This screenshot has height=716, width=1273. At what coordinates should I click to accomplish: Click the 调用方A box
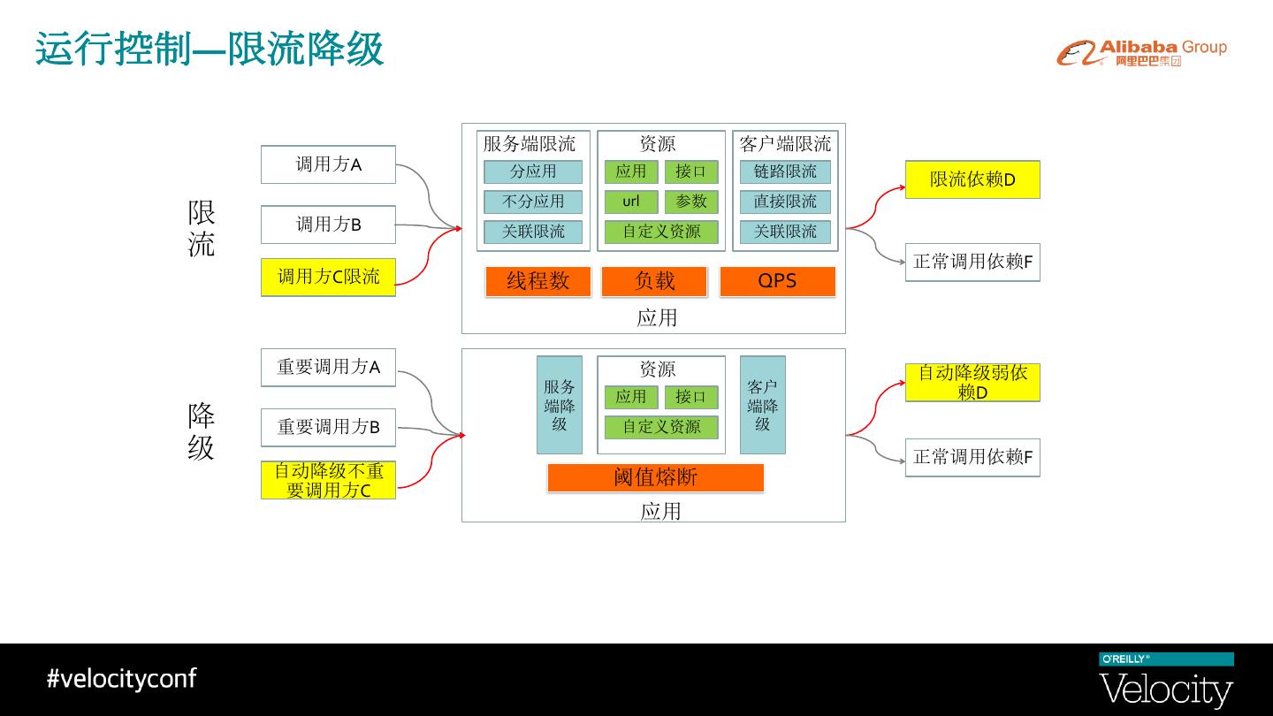point(328,164)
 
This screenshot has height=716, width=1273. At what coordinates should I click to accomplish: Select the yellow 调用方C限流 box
point(328,277)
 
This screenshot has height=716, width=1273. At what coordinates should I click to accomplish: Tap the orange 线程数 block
point(537,281)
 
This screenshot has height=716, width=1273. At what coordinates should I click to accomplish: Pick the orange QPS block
point(777,281)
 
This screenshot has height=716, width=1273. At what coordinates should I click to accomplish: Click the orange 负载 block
point(654,281)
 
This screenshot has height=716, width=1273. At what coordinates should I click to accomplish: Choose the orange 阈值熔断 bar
point(655,477)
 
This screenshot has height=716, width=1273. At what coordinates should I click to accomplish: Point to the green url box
point(630,202)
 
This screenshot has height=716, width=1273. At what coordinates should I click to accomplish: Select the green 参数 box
point(691,202)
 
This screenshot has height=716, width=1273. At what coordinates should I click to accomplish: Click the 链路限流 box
point(785,171)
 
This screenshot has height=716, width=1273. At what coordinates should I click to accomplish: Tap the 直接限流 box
point(785,202)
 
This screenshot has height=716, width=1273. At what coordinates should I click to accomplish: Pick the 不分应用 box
point(533,202)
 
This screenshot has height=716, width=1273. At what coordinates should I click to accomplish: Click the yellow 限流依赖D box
point(972,179)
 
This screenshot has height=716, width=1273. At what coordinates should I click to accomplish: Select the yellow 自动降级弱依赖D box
point(972,383)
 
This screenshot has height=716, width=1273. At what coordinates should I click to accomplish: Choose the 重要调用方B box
point(328,427)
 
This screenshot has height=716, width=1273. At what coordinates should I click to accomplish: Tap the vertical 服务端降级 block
point(560,405)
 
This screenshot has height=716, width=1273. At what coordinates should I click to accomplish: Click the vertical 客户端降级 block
point(762,405)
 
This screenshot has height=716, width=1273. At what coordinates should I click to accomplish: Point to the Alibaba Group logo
point(1141,52)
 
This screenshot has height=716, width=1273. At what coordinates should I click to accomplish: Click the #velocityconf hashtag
point(121,679)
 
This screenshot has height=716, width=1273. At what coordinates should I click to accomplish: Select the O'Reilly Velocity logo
point(1166,681)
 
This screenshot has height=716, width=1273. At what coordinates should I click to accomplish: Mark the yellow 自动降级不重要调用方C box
point(328,480)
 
